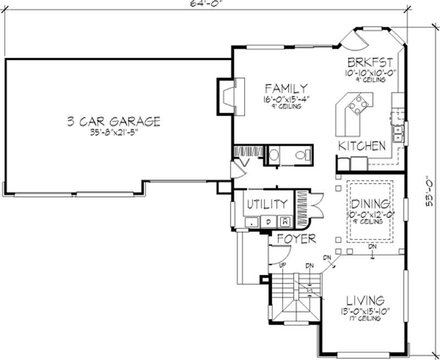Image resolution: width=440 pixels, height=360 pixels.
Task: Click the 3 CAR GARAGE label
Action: pos(114,121)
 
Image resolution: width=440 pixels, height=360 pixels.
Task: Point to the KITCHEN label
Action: pos(361,146)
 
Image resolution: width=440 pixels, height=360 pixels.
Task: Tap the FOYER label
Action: pos(296,239)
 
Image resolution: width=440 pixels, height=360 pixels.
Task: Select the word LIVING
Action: pos(365,301)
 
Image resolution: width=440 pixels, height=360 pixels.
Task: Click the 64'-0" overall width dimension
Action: pos(199,3)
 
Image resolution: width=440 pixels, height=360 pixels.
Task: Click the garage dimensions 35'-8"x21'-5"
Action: pos(114,132)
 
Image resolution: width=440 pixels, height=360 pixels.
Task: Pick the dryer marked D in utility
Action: pos(269,222)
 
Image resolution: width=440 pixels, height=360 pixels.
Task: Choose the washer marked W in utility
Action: pos(285,222)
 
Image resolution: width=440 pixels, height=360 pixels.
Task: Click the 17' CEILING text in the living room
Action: pos(365,317)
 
